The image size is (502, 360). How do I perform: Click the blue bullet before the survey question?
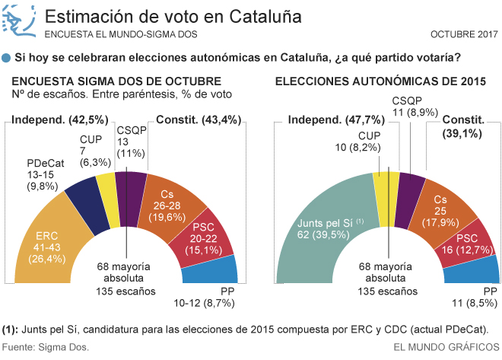pos(7,58)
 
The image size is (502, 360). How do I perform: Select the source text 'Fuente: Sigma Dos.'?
pos(46,347)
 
